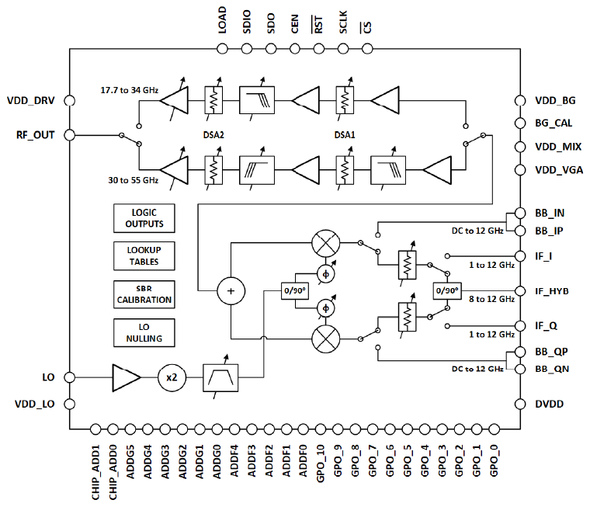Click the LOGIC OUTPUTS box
tap(144, 218)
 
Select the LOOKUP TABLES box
tap(144, 255)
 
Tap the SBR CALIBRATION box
tap(144, 293)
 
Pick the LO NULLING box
tap(144, 332)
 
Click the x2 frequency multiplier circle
tap(172, 377)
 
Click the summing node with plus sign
tap(230, 291)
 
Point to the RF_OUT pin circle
tap(70, 134)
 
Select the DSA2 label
tap(214, 134)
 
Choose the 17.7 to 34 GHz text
tap(129, 90)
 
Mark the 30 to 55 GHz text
tap(133, 179)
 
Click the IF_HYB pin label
tap(551, 290)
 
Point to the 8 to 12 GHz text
tap(491, 300)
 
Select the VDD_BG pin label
tap(555, 100)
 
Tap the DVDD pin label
tap(548, 405)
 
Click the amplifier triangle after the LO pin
tap(126, 377)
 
